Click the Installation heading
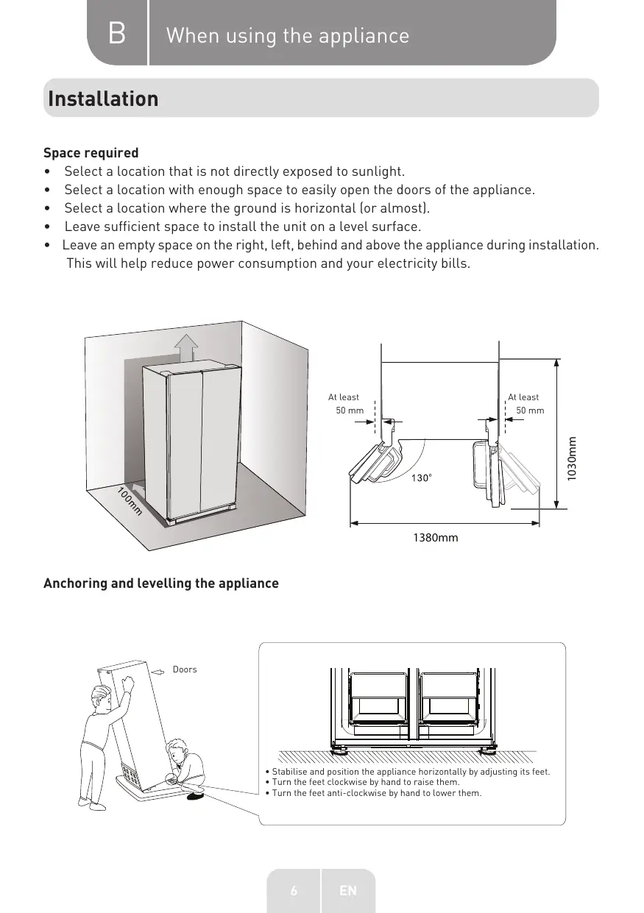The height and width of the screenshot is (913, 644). [103, 99]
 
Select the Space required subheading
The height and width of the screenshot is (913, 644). [91, 153]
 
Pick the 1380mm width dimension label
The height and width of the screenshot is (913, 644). [436, 538]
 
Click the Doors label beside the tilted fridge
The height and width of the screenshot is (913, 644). [185, 669]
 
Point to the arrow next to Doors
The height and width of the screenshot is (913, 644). [159, 670]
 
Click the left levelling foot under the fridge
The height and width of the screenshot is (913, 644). [340, 751]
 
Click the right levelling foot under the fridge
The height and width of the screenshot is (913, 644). [487, 751]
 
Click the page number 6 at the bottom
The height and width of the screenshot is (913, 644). [294, 891]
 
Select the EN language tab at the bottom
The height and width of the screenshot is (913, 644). [348, 891]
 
